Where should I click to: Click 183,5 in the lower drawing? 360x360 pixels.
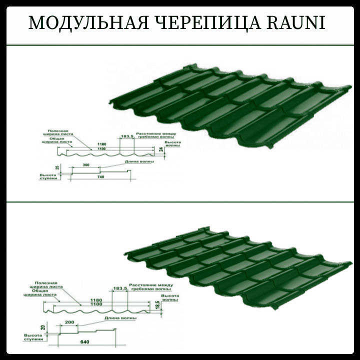tap(118, 289)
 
